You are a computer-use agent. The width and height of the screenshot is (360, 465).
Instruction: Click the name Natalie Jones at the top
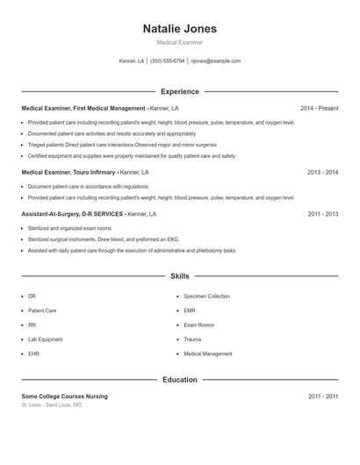tap(179, 29)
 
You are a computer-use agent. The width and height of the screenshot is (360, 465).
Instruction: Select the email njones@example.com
tap(215, 61)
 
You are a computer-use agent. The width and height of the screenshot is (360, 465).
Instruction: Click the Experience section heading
tap(179, 91)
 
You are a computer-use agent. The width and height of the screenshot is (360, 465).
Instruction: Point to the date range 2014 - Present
tap(319, 109)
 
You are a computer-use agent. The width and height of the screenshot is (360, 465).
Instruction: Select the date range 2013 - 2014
tap(322, 173)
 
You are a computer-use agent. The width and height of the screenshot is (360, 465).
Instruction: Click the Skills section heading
tap(179, 276)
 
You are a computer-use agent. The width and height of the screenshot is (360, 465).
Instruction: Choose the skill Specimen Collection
tap(206, 297)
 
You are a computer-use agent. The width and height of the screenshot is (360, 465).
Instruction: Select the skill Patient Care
tap(42, 311)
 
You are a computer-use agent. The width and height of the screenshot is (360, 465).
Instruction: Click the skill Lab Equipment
tap(45, 340)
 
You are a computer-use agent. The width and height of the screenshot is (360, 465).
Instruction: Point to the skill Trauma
tap(192, 340)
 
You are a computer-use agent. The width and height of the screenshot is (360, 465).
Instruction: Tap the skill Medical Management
tap(207, 354)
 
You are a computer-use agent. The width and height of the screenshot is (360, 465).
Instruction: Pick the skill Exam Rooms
tap(198, 325)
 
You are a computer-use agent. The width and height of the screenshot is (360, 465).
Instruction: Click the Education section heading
tap(179, 380)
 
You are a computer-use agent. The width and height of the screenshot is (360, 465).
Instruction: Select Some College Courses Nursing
tap(64, 397)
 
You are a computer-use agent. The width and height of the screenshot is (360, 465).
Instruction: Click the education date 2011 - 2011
tap(322, 397)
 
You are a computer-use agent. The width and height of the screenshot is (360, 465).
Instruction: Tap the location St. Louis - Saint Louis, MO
tap(52, 405)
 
